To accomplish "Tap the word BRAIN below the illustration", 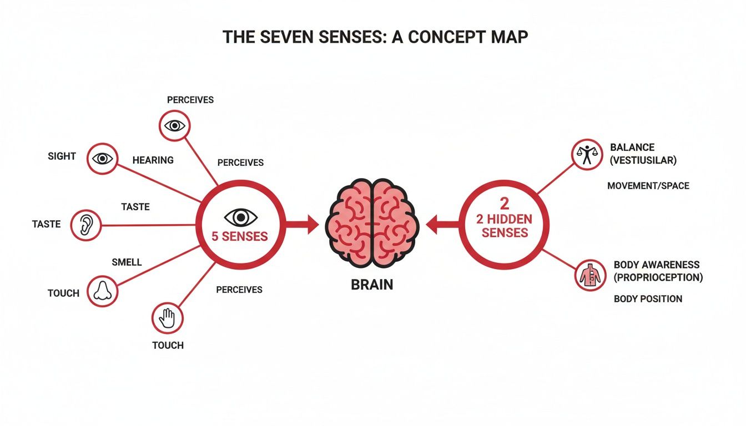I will [x=372, y=285].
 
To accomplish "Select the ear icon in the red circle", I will [x=86, y=225].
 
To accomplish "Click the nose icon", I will [x=103, y=291].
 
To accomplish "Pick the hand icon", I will [x=167, y=318].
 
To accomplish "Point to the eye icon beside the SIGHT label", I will [x=102, y=159].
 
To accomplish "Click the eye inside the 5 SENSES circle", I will [x=240, y=217].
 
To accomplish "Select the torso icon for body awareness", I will [x=589, y=275].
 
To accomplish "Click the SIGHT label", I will [x=62, y=156].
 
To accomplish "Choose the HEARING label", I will [x=153, y=160].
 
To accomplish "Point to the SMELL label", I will [x=127, y=262].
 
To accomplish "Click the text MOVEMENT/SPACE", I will [x=648, y=186].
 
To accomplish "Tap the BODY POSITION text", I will [x=648, y=299].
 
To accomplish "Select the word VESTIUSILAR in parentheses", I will [x=643, y=161].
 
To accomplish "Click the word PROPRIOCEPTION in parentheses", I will [x=658, y=277].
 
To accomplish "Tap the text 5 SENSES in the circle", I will [x=240, y=236].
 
